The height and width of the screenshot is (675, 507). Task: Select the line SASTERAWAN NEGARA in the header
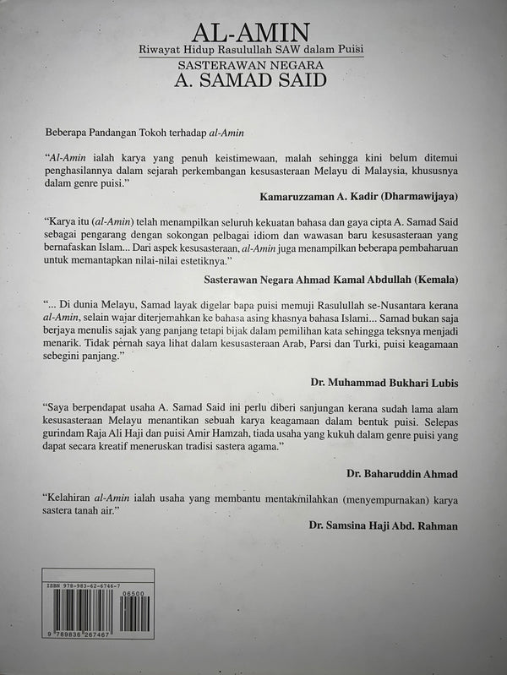(x=251, y=66)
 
